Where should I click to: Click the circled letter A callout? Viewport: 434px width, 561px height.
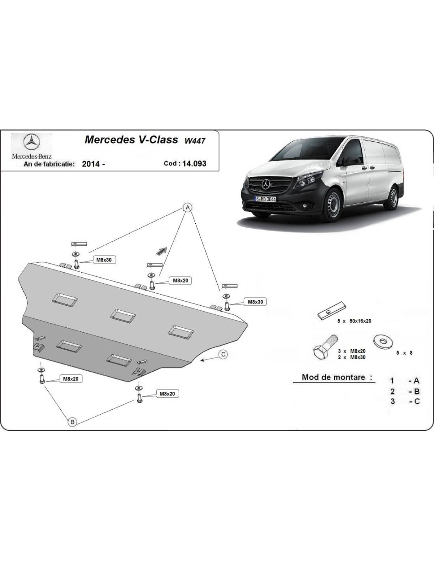(188, 207)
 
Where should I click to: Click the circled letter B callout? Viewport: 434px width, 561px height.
(72, 422)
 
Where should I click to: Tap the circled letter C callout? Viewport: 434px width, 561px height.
(223, 354)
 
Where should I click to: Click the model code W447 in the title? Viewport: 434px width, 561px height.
(195, 141)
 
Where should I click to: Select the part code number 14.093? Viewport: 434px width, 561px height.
(194, 163)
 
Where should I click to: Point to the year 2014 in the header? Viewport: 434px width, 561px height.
(91, 164)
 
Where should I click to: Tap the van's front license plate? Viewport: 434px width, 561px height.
(266, 199)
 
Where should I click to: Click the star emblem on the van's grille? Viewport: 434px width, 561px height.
(266, 185)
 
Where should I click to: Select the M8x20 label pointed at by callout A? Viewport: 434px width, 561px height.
(180, 280)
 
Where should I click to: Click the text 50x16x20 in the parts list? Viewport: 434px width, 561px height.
(361, 321)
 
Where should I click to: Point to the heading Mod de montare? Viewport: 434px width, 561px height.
(337, 377)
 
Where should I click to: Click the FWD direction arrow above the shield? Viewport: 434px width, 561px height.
(162, 251)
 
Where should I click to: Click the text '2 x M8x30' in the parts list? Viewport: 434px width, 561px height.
(352, 357)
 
